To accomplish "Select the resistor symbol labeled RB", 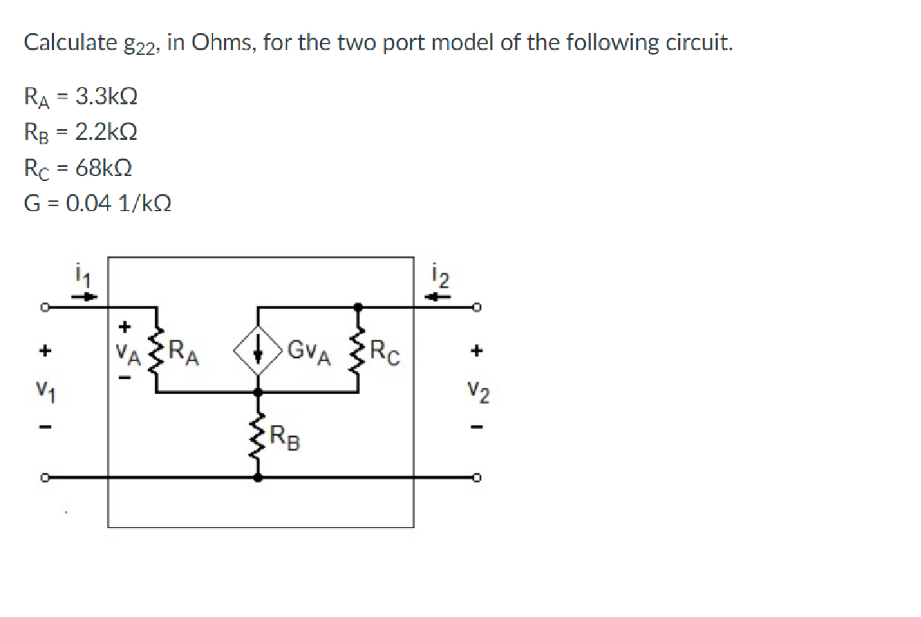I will click(258, 435).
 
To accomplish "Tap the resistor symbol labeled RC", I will click(358, 350).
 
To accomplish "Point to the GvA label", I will click(309, 352).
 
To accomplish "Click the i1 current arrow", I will click(84, 297).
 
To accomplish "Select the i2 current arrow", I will click(441, 297).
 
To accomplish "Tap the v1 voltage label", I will click(45, 390).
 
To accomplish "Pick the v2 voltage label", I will click(478, 392).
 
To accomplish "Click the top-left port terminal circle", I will click(44, 307).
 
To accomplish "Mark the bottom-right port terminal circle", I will click(477, 478).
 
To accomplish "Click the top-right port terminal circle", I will click(477, 307).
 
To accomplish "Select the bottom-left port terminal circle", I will click(44, 478).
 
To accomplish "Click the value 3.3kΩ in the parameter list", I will click(106, 97).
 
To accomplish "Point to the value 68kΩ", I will click(104, 168).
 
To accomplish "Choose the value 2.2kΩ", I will click(106, 132).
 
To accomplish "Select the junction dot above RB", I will click(258, 392).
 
